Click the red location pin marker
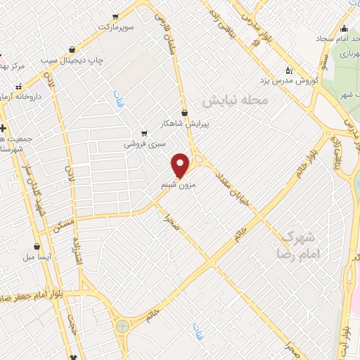click(181, 165)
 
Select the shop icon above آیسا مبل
click(37, 247)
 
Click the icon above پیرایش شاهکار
click(185, 112)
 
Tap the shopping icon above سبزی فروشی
click(144, 133)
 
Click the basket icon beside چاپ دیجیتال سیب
click(72, 49)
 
